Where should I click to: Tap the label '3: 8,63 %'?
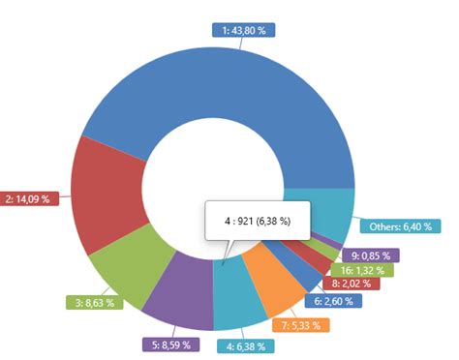pos(94,303)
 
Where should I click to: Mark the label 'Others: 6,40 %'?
pos(405,227)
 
